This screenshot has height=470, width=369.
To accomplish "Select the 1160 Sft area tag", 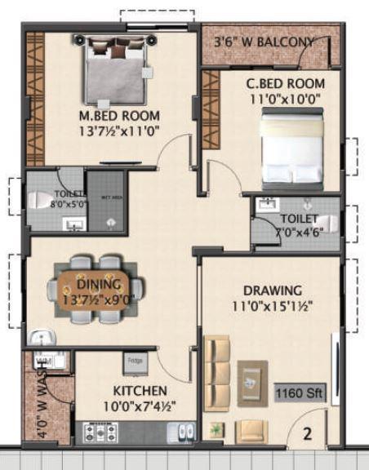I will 300,392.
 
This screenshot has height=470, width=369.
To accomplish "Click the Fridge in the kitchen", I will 135,360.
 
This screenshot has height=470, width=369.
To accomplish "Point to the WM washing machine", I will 42,360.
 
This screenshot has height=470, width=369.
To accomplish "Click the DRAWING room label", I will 273,290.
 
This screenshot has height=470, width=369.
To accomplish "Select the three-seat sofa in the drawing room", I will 217,370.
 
